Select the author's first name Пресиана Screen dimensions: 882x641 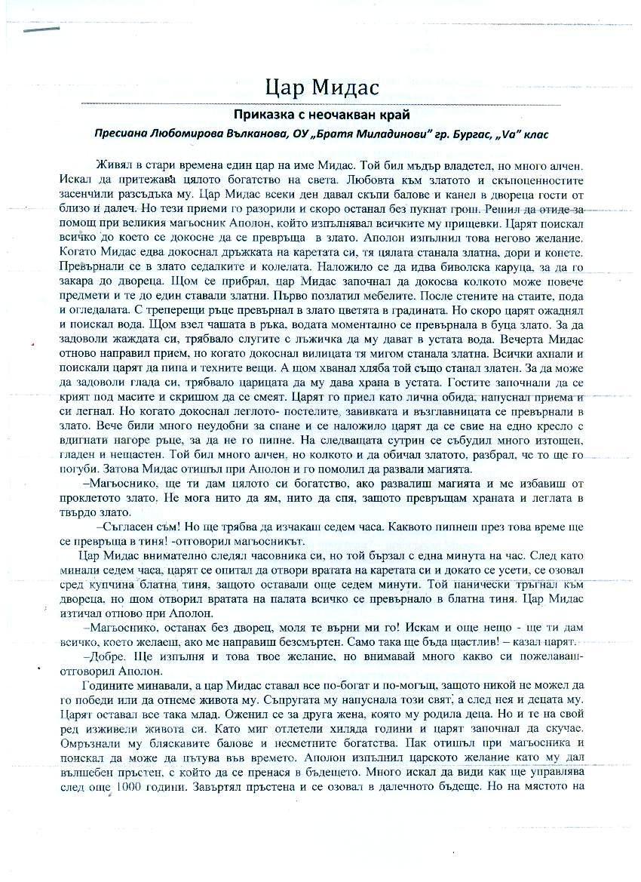pos(123,133)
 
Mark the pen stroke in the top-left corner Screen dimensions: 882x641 pos(41,30)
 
